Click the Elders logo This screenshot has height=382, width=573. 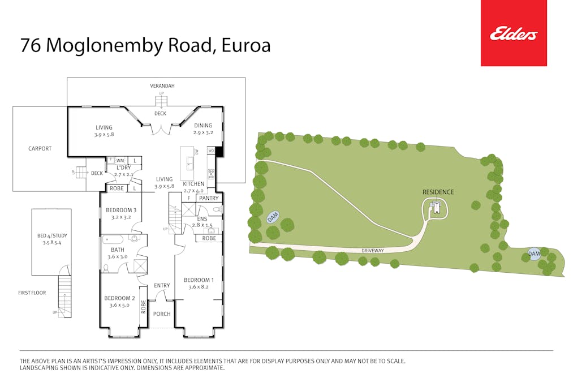[x=514, y=33]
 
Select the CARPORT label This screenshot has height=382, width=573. [x=40, y=149]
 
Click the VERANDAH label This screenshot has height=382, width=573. [x=162, y=86]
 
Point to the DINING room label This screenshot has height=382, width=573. [x=203, y=126]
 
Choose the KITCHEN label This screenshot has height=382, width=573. [x=193, y=184]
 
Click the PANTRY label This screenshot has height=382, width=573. [x=209, y=198]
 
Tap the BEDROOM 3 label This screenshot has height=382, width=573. [x=121, y=211]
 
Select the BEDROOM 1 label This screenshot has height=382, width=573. [x=199, y=280]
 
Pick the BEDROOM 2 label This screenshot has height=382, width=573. [x=119, y=298]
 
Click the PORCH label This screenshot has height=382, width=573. [x=162, y=314]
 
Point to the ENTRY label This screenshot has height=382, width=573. [x=162, y=286]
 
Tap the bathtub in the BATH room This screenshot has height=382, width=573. [x=113, y=239]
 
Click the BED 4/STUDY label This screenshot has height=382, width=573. [x=51, y=235]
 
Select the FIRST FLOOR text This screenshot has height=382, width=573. [x=32, y=293]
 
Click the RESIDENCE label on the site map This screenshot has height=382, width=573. [x=438, y=192]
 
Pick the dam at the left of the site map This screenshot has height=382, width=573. [x=273, y=217]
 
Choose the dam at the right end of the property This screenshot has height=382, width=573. [x=534, y=254]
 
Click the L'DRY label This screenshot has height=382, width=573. [x=123, y=168]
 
